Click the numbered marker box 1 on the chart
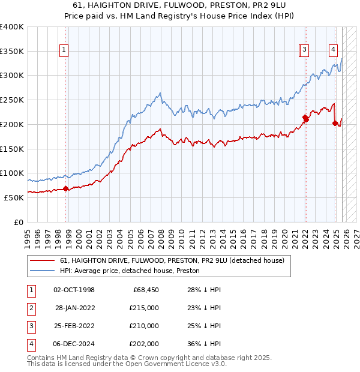[x=64, y=50]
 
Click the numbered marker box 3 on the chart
[x=305, y=50]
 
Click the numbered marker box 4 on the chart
[x=333, y=50]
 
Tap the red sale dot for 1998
[x=65, y=189]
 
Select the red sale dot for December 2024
[x=335, y=124]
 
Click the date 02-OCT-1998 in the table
[x=74, y=290]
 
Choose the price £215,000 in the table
[x=145, y=308]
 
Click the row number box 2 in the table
[x=30, y=308]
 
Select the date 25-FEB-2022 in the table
[x=74, y=326]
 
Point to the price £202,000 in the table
[x=145, y=344]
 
